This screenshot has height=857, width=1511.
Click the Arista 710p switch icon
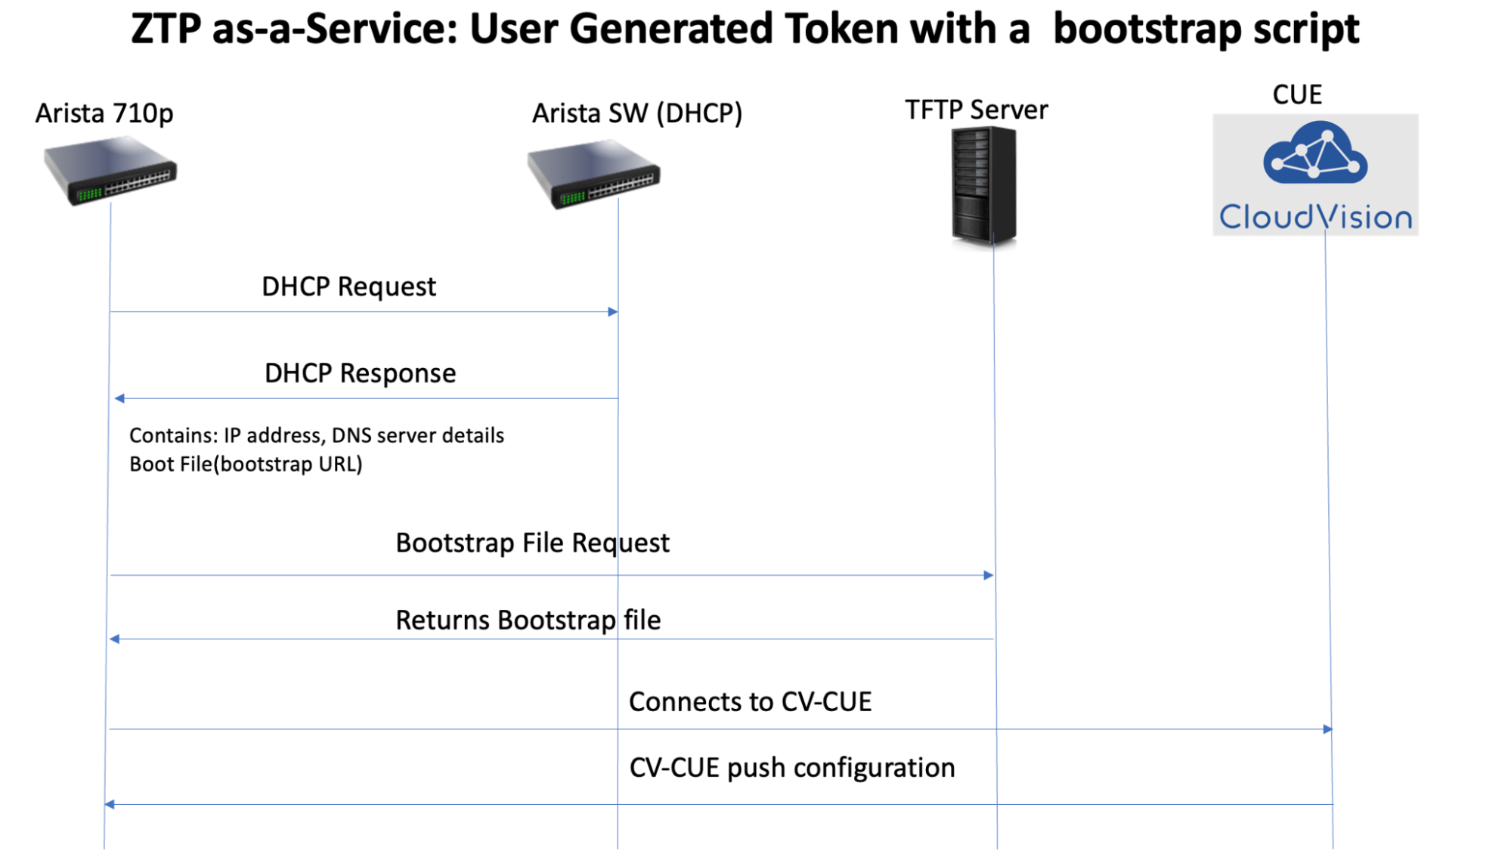(x=110, y=171)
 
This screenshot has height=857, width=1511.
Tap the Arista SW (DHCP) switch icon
(x=594, y=175)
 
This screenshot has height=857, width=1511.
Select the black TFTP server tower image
(x=983, y=185)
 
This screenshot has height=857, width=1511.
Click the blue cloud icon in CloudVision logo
(x=1315, y=154)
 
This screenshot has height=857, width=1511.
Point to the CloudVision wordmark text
(x=1315, y=217)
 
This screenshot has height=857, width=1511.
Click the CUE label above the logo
(x=1297, y=95)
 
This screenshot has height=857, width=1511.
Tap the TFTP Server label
(x=976, y=110)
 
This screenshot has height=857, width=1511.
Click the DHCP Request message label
(x=348, y=287)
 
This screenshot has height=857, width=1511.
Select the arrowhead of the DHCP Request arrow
(x=613, y=311)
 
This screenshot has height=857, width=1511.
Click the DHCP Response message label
(x=360, y=373)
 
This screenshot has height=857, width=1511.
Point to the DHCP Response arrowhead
(x=119, y=398)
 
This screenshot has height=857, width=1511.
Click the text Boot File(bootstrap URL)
(x=246, y=464)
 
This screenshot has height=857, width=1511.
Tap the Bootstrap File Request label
(x=532, y=543)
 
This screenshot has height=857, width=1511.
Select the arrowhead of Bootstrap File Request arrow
(x=988, y=575)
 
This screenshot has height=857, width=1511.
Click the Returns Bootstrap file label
(x=528, y=620)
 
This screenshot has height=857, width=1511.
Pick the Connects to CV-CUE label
(x=750, y=702)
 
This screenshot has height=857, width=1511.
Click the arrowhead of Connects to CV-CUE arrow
(x=1327, y=729)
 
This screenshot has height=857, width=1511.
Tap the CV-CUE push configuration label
(x=791, y=768)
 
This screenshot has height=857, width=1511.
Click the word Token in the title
(x=841, y=29)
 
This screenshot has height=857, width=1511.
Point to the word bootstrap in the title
(x=1147, y=29)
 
